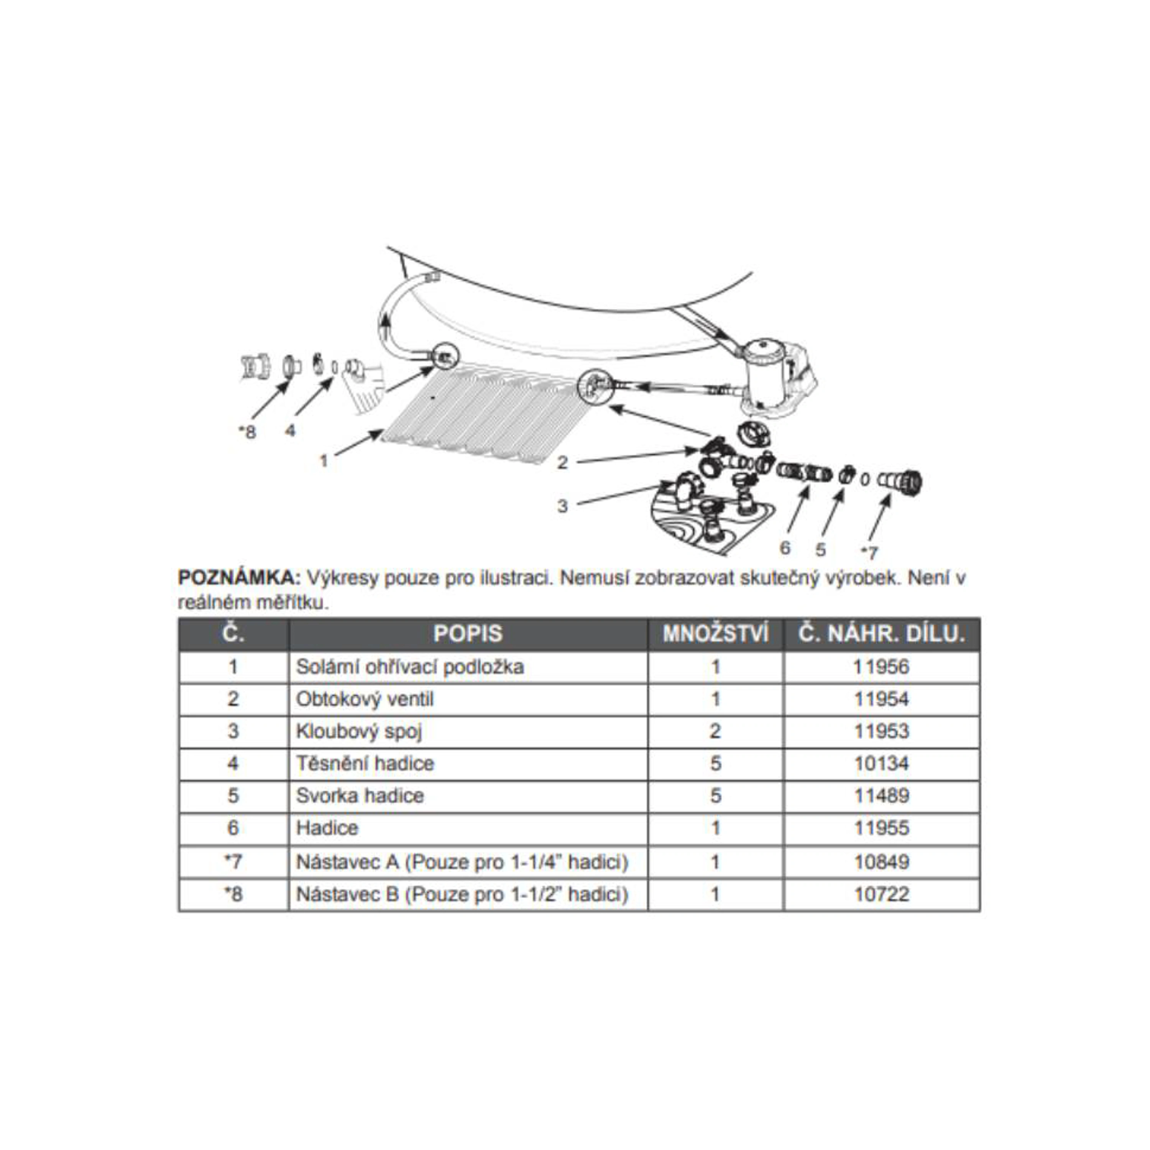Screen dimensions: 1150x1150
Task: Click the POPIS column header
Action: [468, 634]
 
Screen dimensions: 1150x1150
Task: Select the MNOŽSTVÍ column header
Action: [715, 634]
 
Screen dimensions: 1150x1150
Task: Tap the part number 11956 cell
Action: [882, 667]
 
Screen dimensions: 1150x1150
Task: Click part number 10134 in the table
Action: [882, 763]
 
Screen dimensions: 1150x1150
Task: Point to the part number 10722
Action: [882, 894]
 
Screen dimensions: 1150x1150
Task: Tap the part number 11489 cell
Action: [882, 796]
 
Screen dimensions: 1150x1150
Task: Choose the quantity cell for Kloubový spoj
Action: [715, 731]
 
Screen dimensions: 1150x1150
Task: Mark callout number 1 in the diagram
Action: [324, 460]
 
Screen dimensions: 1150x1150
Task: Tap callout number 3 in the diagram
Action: [562, 506]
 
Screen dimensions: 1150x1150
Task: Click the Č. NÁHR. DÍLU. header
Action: [882, 634]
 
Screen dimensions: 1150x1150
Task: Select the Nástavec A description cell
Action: [462, 862]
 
